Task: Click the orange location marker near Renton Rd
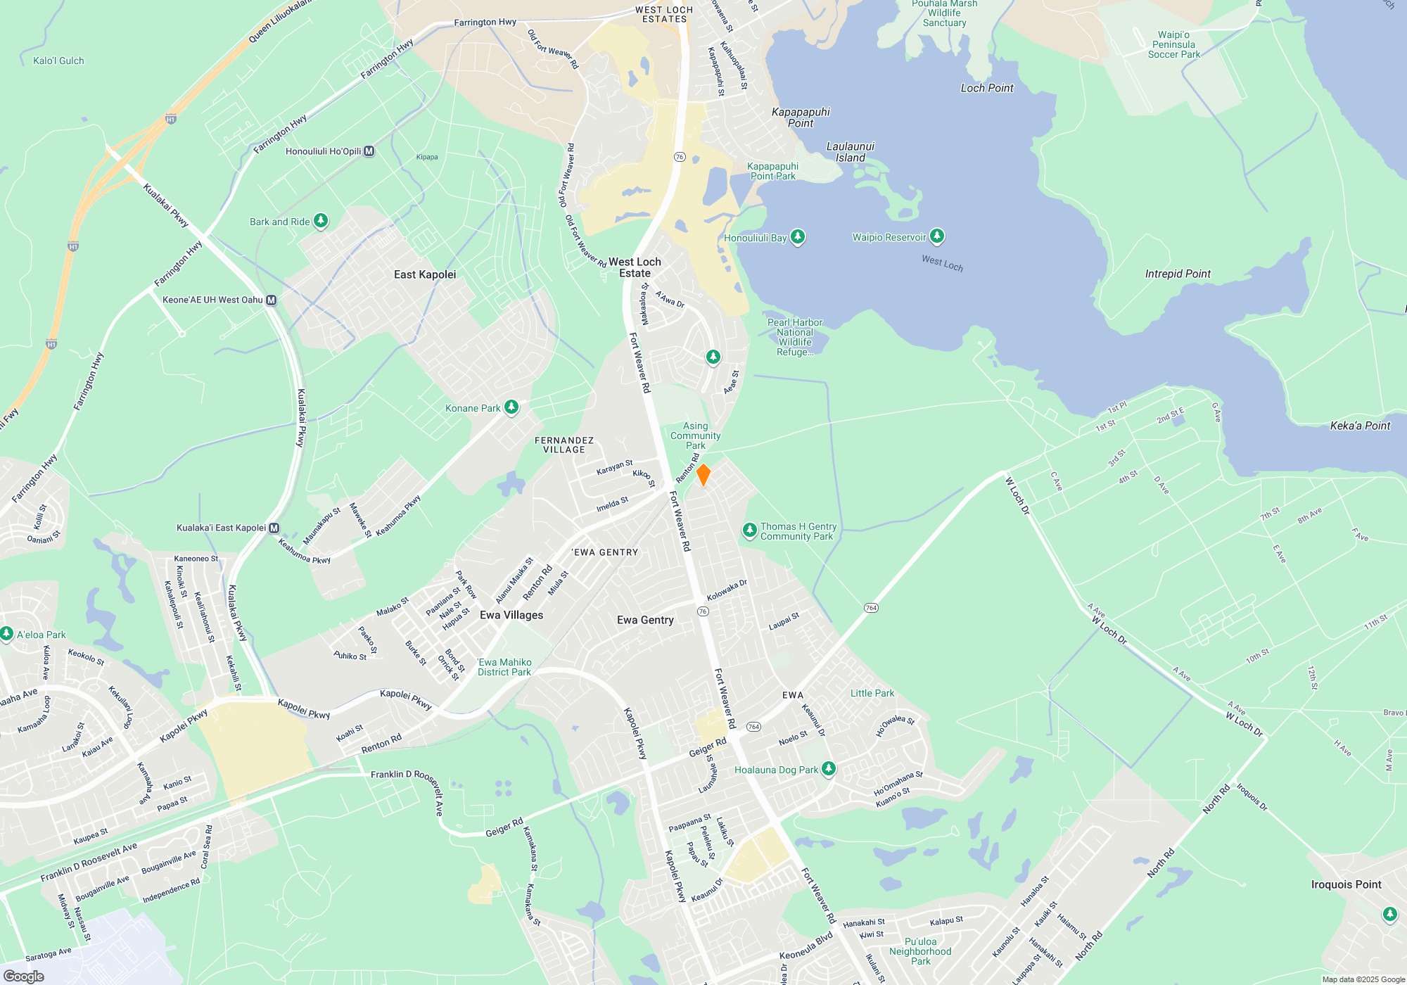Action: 703,475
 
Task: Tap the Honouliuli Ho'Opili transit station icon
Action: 369,151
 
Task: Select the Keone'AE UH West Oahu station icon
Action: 272,300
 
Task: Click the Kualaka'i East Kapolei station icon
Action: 274,528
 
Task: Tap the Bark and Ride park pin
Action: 321,221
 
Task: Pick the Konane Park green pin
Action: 511,407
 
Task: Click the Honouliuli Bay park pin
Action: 797,237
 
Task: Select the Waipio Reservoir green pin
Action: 936,236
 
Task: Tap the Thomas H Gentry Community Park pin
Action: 750,530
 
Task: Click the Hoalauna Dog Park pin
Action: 829,769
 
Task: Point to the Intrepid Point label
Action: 1178,274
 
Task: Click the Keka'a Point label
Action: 1360,426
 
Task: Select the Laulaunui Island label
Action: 850,152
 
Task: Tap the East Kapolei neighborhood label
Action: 425,274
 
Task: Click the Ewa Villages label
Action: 511,615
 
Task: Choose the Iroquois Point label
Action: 1346,884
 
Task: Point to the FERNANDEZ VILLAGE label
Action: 564,445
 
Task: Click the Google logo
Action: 24,977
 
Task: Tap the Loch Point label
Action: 987,88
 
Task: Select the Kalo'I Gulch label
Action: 58,61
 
